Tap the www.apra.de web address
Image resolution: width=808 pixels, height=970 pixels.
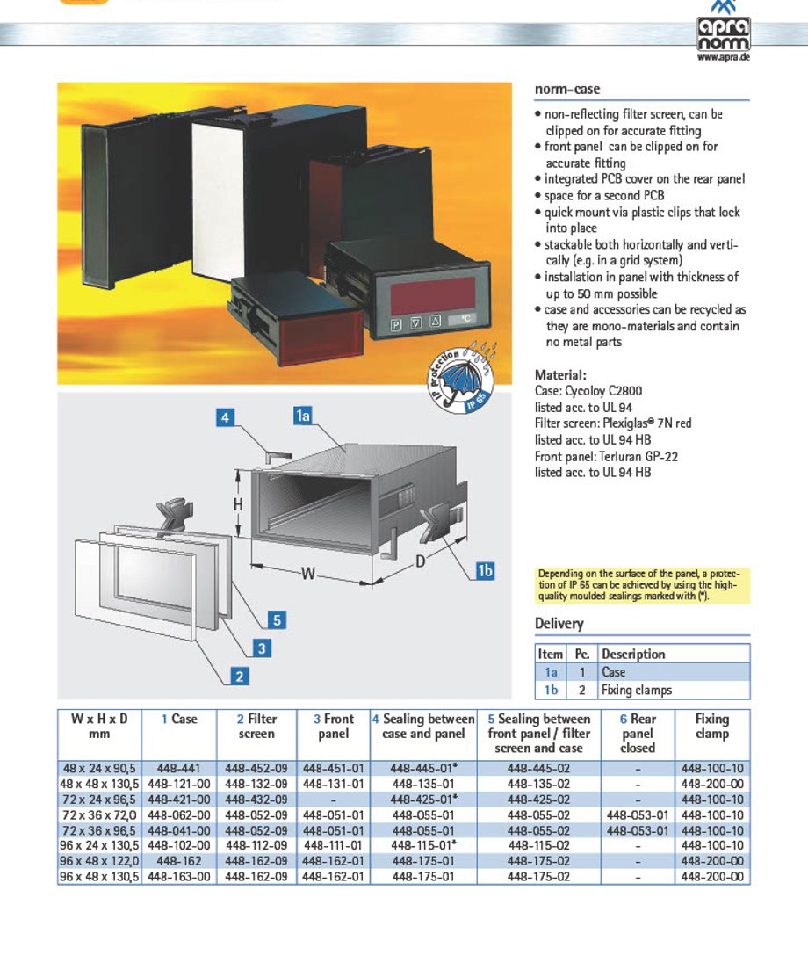(724, 57)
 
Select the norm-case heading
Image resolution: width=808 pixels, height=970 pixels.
(566, 89)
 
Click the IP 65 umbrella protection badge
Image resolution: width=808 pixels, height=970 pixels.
(462, 379)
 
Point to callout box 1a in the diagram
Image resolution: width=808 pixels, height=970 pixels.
(302, 416)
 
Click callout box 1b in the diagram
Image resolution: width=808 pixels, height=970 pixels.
(485, 570)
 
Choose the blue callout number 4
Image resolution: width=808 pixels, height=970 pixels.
(225, 417)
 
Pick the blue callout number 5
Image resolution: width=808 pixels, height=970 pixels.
(277, 619)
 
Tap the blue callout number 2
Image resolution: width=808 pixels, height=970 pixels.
(240, 677)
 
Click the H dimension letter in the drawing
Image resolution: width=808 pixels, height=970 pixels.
(238, 505)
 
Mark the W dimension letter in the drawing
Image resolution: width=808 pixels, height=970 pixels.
(308, 574)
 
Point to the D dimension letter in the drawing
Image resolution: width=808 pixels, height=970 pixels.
(421, 561)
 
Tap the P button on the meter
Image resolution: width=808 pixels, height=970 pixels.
(396, 325)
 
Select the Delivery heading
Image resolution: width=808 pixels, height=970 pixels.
(559, 624)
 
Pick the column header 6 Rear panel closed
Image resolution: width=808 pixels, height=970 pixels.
(638, 733)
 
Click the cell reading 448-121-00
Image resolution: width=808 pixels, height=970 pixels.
(179, 784)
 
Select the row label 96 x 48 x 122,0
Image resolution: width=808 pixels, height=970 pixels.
(99, 861)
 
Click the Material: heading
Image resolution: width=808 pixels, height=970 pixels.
(560, 375)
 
